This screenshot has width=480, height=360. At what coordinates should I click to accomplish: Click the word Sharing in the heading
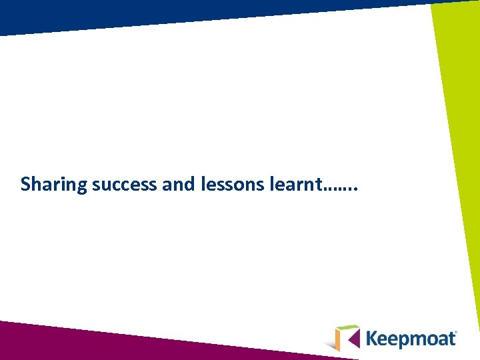[x=54, y=184]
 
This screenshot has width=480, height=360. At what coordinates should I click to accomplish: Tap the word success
[x=125, y=184]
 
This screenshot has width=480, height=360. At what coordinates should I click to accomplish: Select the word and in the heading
[x=177, y=184]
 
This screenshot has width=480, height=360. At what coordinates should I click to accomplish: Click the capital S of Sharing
[x=26, y=184]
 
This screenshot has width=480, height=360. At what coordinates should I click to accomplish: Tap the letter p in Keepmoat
[x=407, y=341]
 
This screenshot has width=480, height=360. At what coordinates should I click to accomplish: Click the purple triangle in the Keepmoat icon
[x=353, y=338]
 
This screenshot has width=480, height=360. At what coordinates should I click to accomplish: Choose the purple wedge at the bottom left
[x=53, y=340]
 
